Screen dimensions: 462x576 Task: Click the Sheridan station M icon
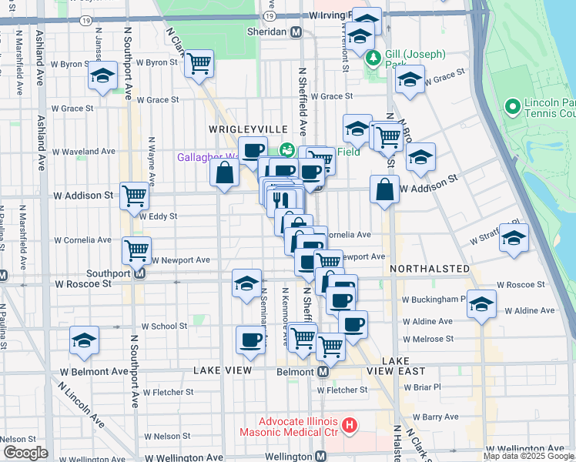click(295, 32)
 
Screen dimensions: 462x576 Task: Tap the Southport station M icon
click(140, 273)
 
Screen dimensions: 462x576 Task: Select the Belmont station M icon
click(323, 371)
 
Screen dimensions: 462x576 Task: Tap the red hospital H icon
click(350, 424)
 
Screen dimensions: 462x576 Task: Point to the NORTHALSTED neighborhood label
click(430, 268)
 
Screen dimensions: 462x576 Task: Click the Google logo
click(25, 453)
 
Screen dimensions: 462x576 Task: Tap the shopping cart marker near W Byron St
click(199, 63)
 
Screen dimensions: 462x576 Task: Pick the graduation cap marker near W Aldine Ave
click(482, 305)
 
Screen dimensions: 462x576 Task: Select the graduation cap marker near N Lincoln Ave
click(84, 340)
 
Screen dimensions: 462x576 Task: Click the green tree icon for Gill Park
click(373, 57)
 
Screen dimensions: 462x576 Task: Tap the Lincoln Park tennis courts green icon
click(512, 105)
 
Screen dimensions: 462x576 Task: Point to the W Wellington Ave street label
click(524, 448)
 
